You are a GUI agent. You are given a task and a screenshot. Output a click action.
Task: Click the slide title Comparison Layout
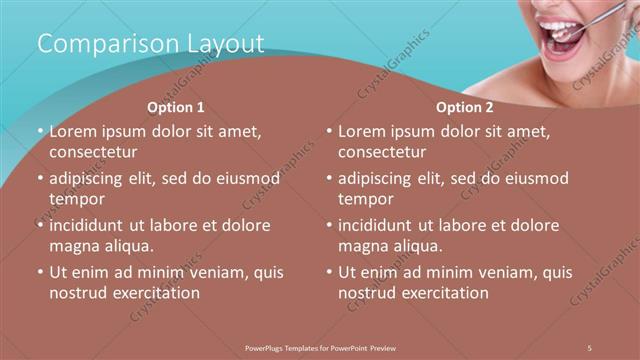tap(150, 44)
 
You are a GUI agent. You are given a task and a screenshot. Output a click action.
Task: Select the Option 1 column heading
tap(176, 107)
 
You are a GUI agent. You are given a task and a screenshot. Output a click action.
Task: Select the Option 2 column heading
tap(465, 107)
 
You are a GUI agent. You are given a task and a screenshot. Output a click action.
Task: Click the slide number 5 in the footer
tap(591, 347)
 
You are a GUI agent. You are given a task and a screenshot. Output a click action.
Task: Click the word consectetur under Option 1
tap(93, 152)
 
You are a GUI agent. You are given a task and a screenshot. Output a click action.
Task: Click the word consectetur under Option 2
tap(382, 152)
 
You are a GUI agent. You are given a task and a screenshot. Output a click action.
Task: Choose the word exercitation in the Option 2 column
tap(445, 293)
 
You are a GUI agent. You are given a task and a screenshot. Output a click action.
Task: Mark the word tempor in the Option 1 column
tap(76, 199)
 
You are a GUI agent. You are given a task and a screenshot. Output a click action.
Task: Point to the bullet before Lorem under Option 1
tap(40, 131)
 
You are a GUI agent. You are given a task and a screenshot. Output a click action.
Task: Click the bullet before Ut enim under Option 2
tap(329, 272)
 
